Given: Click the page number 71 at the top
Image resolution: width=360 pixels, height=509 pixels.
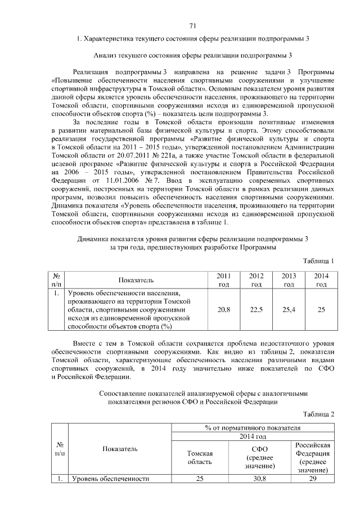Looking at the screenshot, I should pos(192,26).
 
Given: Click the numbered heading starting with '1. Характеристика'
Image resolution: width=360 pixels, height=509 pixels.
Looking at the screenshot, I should pos(193,39).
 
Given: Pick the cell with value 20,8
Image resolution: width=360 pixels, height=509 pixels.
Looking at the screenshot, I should pos(223,309).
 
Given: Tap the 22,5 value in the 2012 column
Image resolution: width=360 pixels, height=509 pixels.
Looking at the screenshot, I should pos(256,309).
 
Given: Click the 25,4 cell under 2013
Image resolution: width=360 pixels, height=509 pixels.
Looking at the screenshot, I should pos(289,309).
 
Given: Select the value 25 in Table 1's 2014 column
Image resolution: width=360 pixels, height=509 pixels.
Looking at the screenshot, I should pos(321,309).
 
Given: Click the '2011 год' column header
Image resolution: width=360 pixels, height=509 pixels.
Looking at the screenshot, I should pos(223,280).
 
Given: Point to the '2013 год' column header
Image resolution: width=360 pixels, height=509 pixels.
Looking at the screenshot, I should pos(289,280).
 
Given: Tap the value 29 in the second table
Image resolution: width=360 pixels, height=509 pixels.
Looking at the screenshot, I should pos(313,479).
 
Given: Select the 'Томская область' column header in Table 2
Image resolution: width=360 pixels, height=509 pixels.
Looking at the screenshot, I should pos(199,457).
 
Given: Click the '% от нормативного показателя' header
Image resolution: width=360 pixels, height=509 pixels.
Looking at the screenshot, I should pos(253,428).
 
